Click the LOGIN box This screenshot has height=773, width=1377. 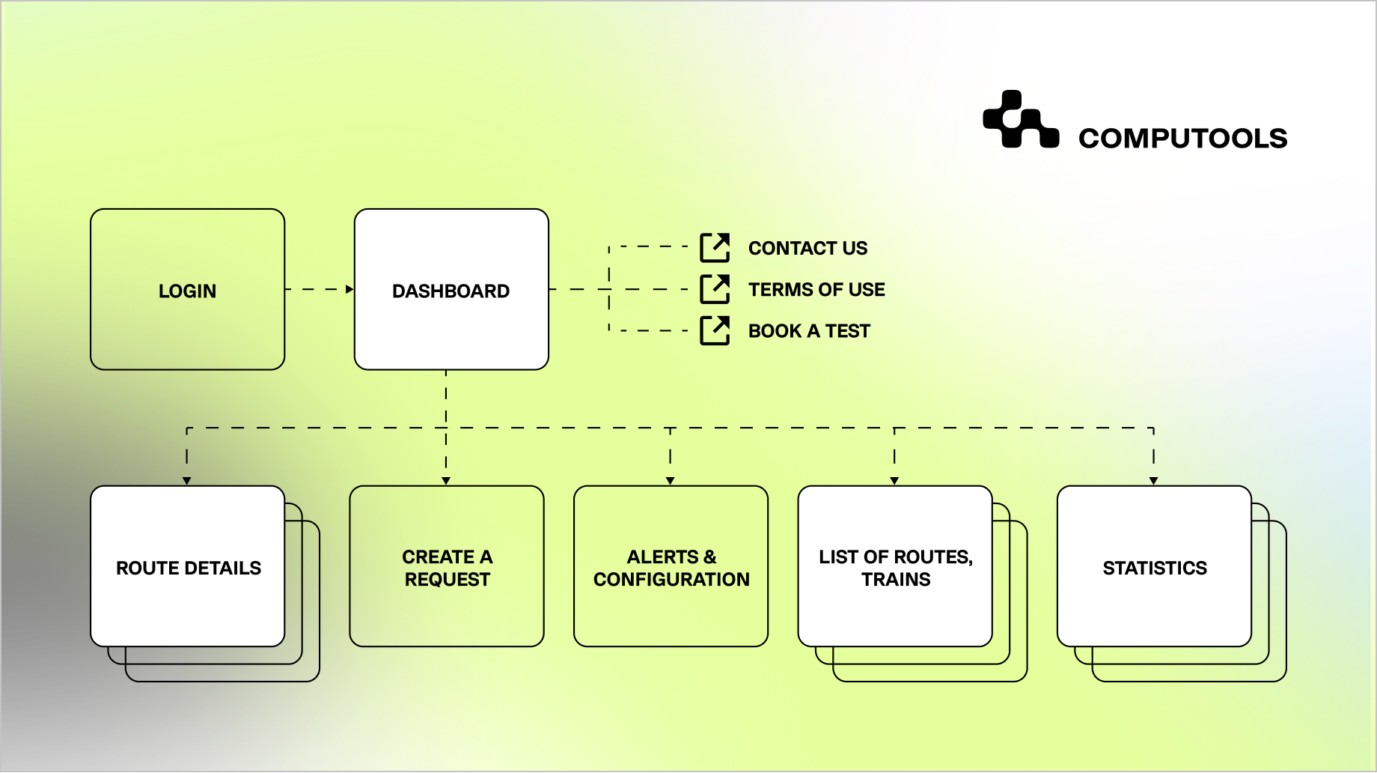tap(187, 290)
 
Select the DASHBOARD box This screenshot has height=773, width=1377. tap(451, 290)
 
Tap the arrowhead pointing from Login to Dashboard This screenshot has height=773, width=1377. tap(349, 289)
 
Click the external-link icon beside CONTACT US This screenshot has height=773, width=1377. tap(715, 248)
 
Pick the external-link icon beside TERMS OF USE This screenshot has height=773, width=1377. tap(715, 289)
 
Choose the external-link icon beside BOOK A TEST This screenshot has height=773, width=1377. tap(715, 330)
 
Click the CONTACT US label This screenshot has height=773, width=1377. tap(807, 248)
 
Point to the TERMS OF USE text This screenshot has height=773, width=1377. tap(816, 289)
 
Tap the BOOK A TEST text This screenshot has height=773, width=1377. tap(809, 331)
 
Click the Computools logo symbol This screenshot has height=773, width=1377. tap(1020, 120)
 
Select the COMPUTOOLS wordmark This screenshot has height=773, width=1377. tap(1182, 139)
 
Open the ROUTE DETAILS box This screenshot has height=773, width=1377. tap(188, 567)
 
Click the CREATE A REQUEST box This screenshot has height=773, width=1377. tap(447, 567)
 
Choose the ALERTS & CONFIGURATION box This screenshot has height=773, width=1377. tap(671, 567)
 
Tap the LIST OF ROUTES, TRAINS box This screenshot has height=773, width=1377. tap(895, 567)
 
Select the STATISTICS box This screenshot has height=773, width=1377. tap(1154, 567)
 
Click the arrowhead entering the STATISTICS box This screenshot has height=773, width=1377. tap(1153, 481)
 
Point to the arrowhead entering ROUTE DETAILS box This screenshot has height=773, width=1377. tap(187, 481)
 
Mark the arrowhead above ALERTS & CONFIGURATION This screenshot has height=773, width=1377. tap(670, 481)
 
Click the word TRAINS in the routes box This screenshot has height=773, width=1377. tap(896, 580)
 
